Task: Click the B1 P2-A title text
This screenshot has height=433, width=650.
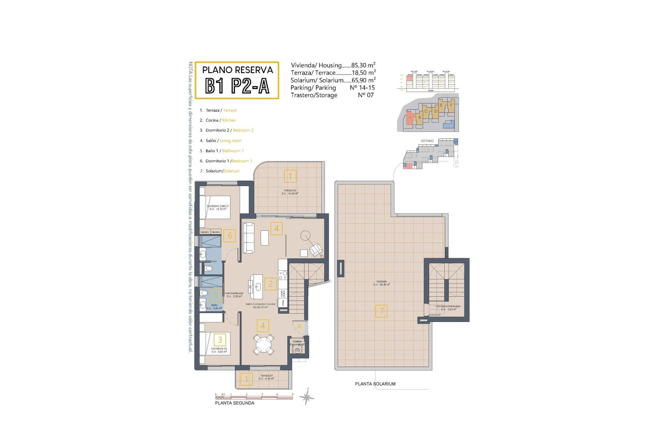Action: click(237, 86)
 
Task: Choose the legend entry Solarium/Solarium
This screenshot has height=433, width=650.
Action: click(222, 171)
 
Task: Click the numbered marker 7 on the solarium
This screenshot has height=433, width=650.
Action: click(382, 311)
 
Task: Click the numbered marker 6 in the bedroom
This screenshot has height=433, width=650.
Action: click(230, 236)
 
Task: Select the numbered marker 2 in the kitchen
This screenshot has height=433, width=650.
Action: click(270, 284)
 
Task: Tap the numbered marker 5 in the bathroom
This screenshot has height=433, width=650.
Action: click(216, 295)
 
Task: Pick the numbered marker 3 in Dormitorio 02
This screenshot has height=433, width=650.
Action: click(220, 340)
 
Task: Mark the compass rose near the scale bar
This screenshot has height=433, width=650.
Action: click(307, 397)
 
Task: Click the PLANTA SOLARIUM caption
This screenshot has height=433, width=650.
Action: click(375, 384)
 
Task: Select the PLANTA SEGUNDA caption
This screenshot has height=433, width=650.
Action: click(235, 403)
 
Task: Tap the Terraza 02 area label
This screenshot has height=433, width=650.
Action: click(290, 192)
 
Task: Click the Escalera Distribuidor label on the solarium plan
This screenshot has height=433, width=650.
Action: click(449, 307)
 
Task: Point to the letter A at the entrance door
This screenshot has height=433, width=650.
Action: click(299, 327)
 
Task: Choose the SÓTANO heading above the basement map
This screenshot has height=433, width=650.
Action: click(427, 141)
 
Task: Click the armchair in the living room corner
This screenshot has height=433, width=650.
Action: click(316, 250)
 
